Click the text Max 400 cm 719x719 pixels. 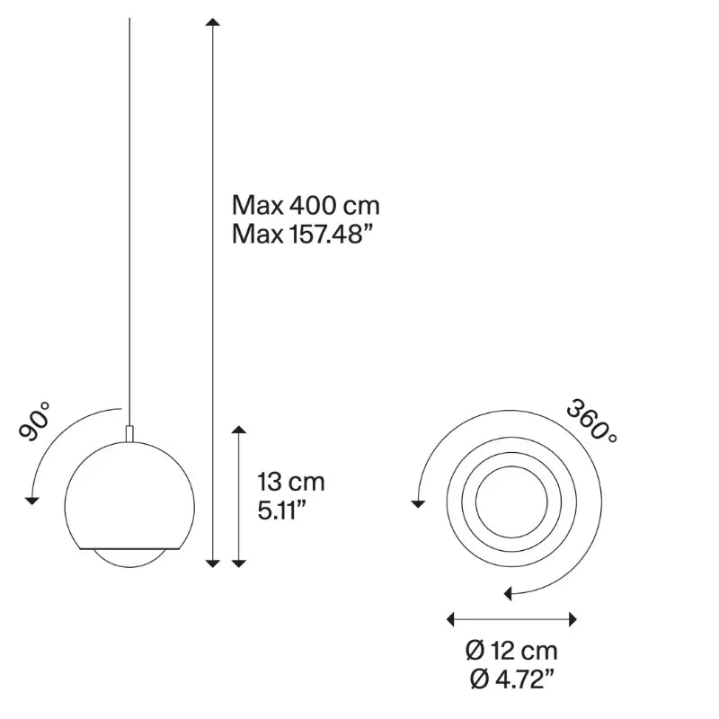coord(306,205)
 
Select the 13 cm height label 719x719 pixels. coord(290,482)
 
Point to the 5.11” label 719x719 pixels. coord(281,510)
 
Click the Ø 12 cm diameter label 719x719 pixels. coord(511,651)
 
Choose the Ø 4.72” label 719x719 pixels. coord(511,679)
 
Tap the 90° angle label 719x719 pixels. coord(35,422)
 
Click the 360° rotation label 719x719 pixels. coord(592,422)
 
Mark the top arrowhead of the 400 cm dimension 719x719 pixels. coord(213,22)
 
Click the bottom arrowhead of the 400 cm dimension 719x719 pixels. coord(213,564)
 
